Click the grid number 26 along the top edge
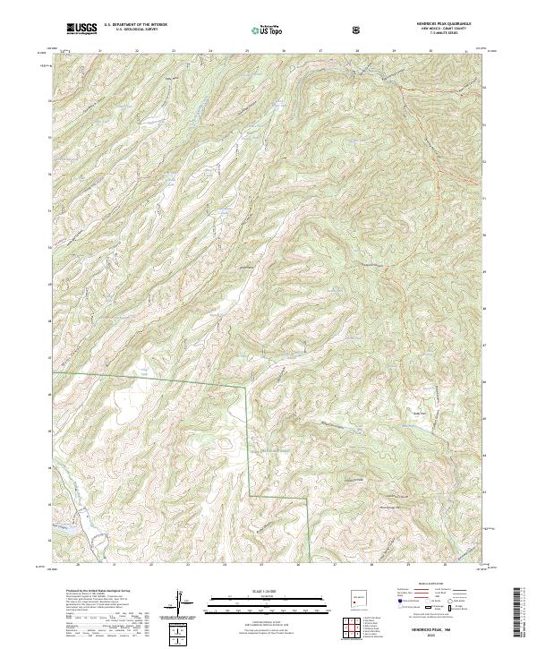pyautogui.click(x=284, y=51)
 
